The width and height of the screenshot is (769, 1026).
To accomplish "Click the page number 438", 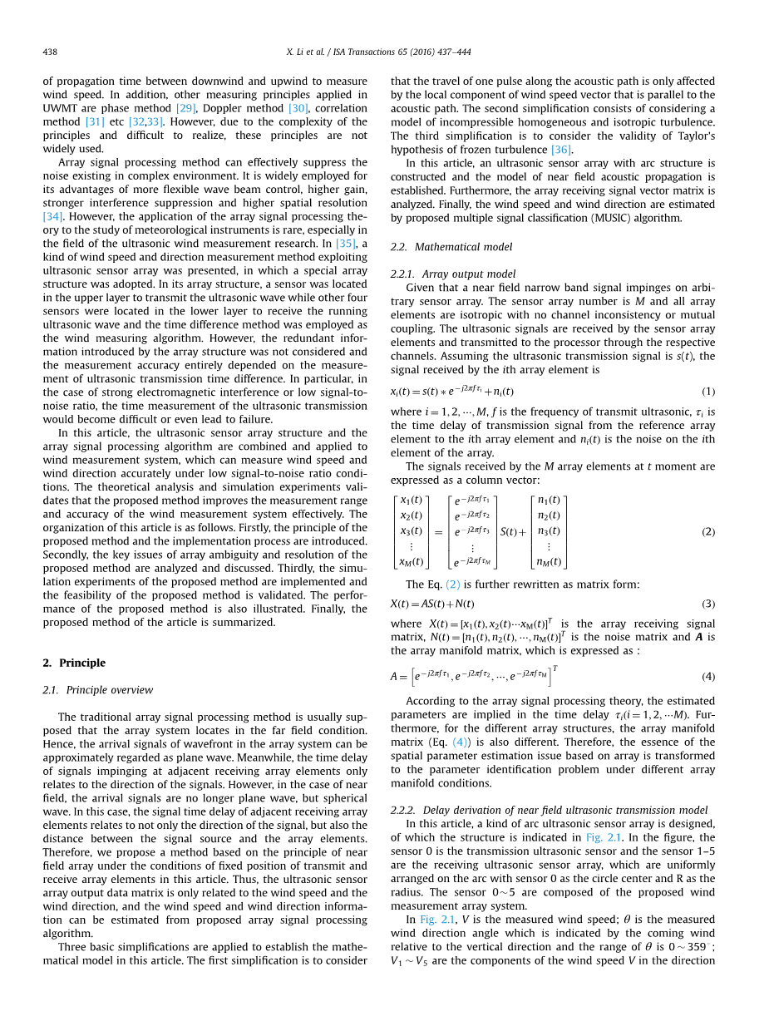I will click(x=50, y=52).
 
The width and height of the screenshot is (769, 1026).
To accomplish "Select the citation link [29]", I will click(x=185, y=108).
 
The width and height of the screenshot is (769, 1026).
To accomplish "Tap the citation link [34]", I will click(x=53, y=216).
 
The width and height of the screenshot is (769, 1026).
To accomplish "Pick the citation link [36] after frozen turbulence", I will click(x=561, y=150).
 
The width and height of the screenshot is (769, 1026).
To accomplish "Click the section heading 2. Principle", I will click(x=74, y=663).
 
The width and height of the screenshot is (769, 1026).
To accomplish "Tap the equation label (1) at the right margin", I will click(x=708, y=392).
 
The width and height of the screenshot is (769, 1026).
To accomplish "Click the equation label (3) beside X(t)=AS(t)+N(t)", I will click(x=708, y=604).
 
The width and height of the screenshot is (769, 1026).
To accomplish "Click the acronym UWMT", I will click(x=59, y=108).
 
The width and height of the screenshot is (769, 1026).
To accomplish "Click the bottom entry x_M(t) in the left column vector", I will click(x=411, y=562).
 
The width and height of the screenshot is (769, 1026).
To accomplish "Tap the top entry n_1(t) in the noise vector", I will click(x=549, y=500).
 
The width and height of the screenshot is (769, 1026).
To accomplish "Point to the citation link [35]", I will click(x=346, y=244).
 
